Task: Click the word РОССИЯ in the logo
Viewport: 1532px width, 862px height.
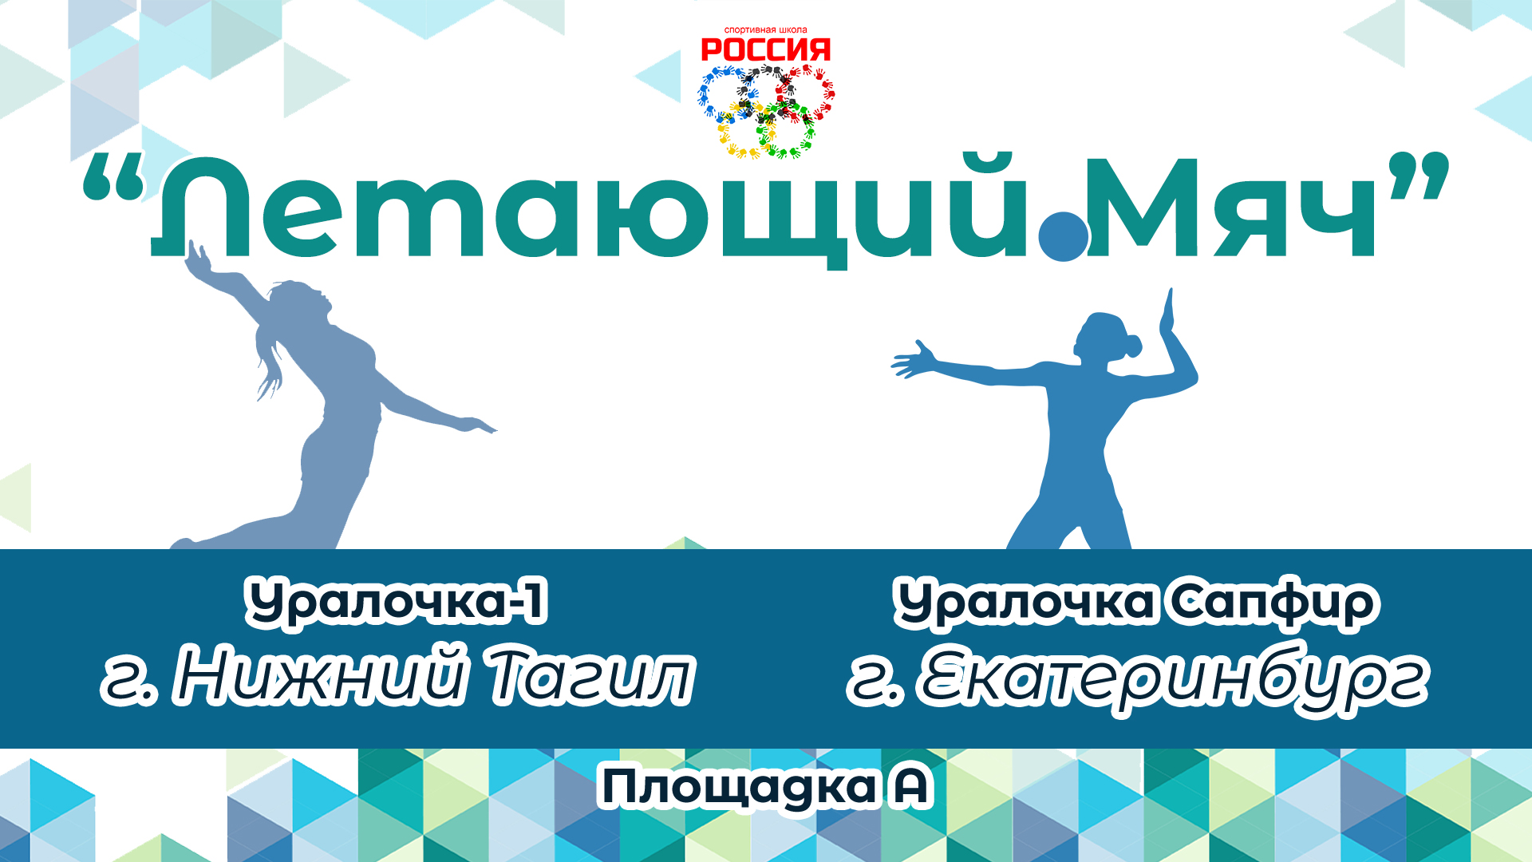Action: pos(765,50)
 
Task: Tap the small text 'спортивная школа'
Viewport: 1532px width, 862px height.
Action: pos(765,30)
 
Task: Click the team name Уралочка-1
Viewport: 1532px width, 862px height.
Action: pos(397,603)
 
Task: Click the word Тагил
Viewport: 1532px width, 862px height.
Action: pos(590,677)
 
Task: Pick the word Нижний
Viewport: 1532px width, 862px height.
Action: pos(319,677)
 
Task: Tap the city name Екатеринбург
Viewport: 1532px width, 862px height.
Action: pos(1173,678)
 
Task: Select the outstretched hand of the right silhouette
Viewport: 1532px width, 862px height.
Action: pos(914,360)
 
